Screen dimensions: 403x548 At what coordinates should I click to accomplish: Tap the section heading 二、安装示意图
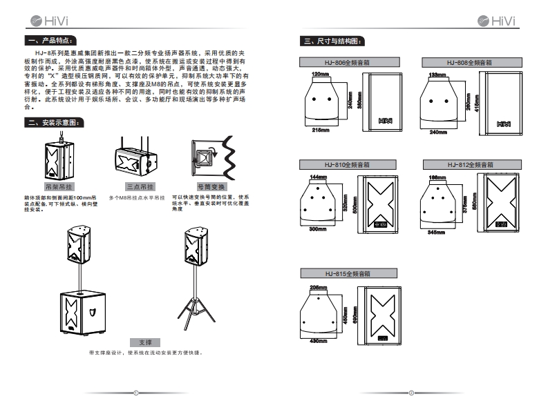tap(56, 123)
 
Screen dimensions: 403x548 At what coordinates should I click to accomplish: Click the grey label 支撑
tap(144, 342)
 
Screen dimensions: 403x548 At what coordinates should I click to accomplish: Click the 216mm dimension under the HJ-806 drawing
tap(320, 129)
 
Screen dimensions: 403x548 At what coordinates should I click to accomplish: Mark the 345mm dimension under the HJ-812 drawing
tap(436, 232)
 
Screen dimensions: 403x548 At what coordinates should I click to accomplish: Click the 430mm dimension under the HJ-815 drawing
tap(317, 342)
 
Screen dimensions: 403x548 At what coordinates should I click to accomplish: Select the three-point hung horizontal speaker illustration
tap(135, 161)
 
